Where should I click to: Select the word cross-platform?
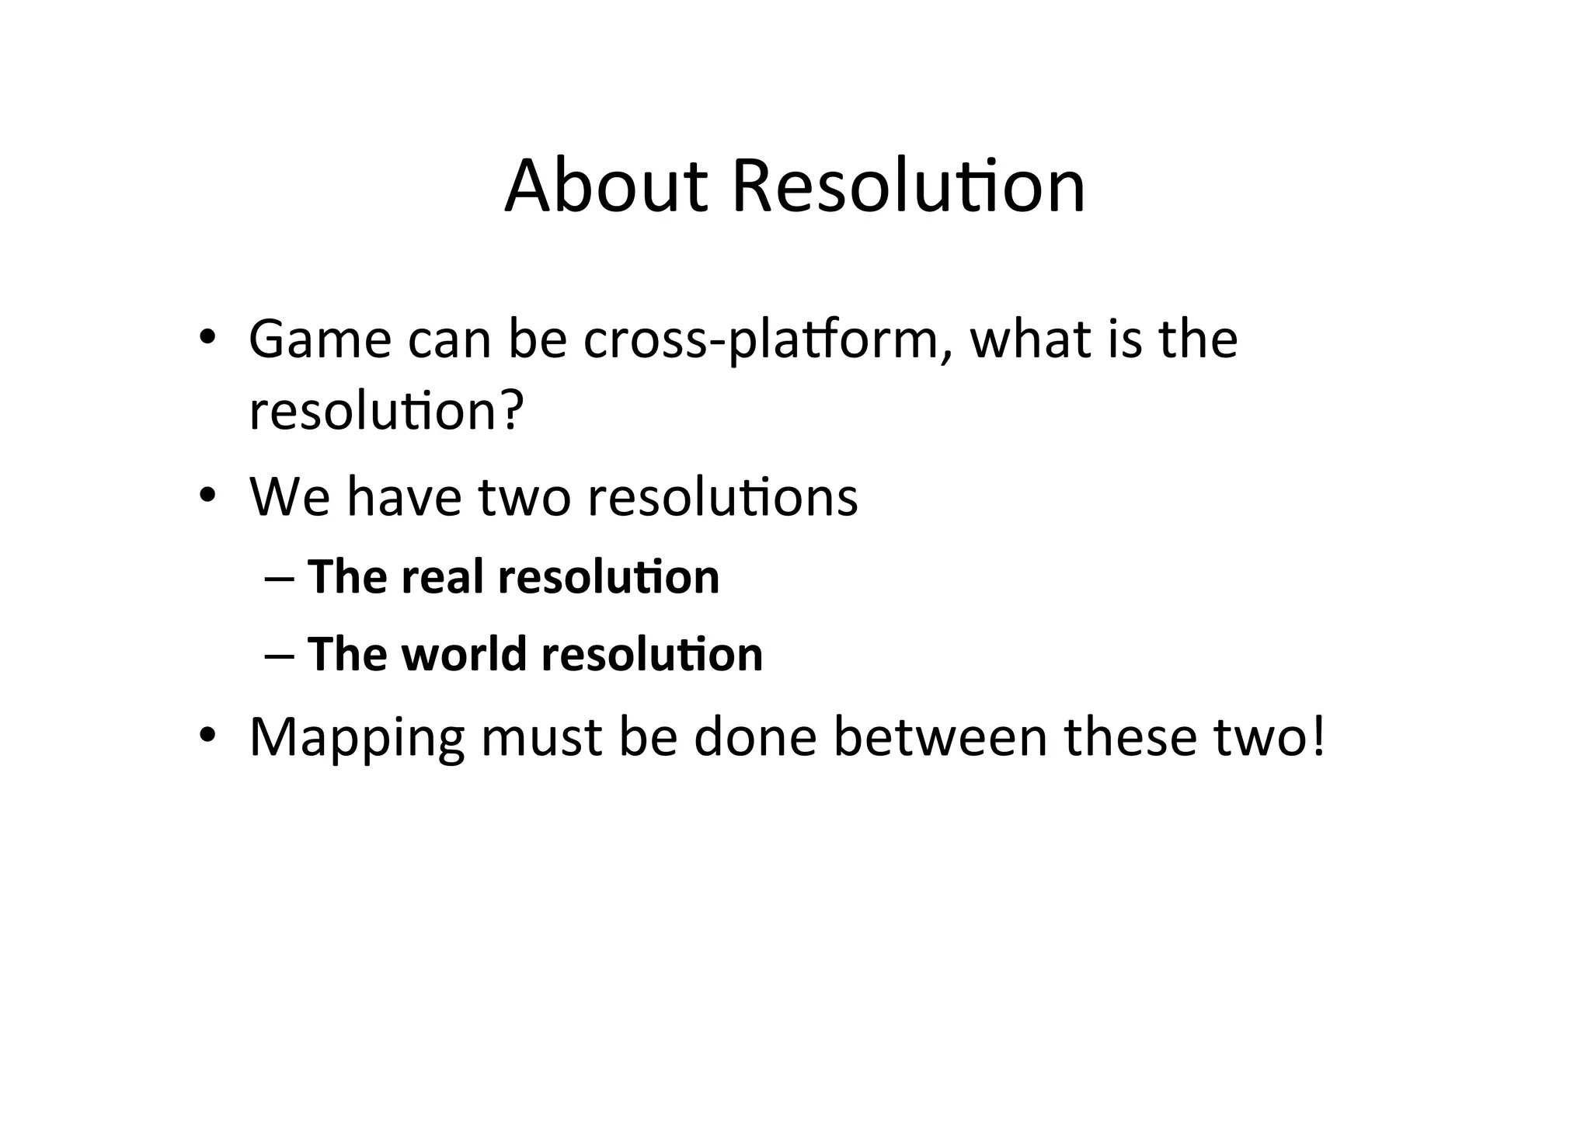click(x=761, y=341)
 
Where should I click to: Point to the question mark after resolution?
click(x=510, y=411)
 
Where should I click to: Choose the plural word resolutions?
click(x=722, y=496)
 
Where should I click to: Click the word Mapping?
click(x=357, y=738)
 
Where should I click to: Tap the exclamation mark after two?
click(x=1317, y=736)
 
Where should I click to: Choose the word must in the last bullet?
click(x=541, y=738)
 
